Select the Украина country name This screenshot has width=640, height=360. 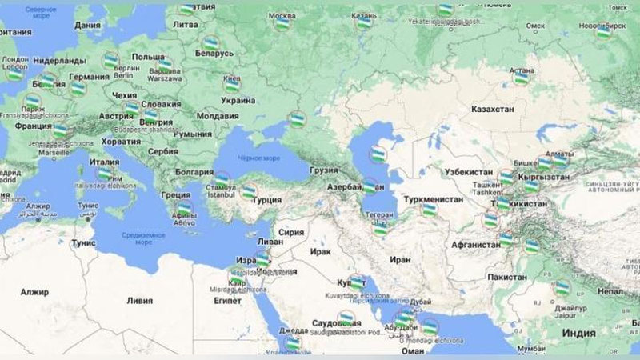(x=238, y=102)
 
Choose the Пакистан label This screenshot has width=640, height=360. (x=506, y=276)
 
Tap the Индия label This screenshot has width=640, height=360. (x=578, y=333)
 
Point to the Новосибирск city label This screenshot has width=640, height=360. (x=600, y=25)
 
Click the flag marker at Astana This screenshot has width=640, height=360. (x=522, y=78)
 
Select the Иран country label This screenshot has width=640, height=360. (x=399, y=260)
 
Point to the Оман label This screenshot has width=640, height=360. (x=413, y=350)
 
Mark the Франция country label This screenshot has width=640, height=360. (x=33, y=126)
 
